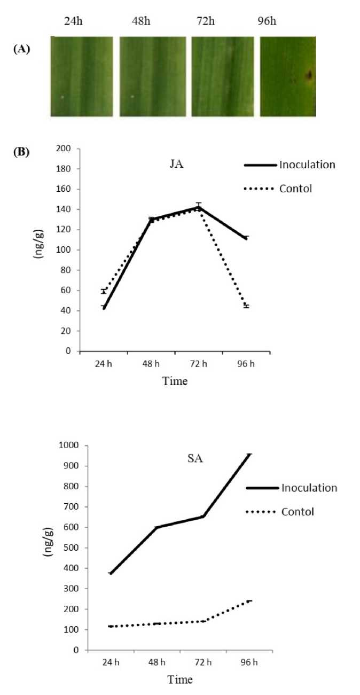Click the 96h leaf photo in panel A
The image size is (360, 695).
point(287,76)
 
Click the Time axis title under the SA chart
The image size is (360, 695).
point(180,680)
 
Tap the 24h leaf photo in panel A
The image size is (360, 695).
point(82,76)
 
